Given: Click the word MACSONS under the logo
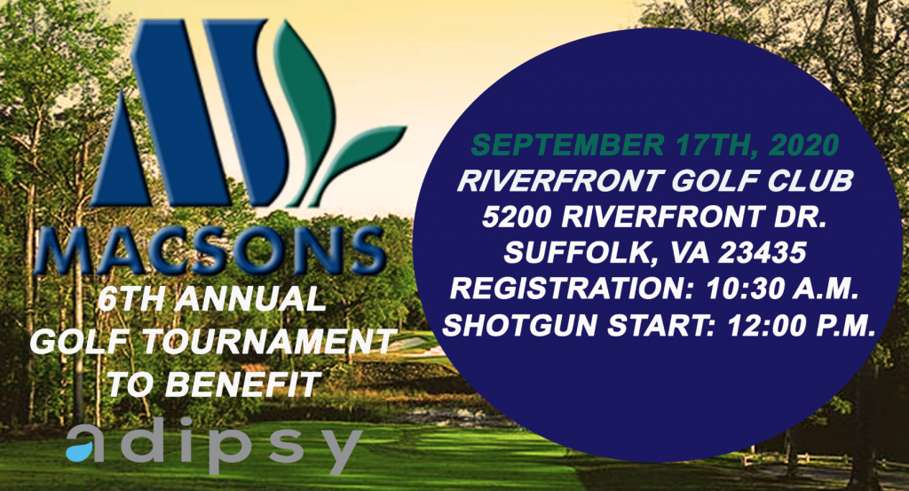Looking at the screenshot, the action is point(210,249).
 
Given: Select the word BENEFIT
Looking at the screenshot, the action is point(242,384).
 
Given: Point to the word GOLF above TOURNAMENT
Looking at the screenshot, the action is point(81,342).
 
